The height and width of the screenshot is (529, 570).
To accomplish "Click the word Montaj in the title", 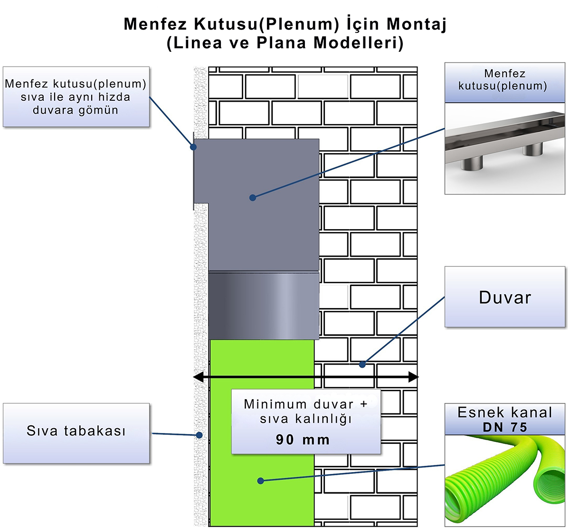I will pyautogui.click(x=417, y=24).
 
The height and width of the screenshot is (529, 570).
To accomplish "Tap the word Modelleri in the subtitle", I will pyautogui.click(x=358, y=43).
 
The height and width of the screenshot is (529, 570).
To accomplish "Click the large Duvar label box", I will pyautogui.click(x=504, y=297).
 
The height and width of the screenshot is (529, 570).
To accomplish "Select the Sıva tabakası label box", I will pyautogui.click(x=76, y=432).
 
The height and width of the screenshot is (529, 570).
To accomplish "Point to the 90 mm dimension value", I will pyautogui.click(x=303, y=440).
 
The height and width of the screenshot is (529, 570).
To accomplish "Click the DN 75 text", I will pyautogui.click(x=505, y=427).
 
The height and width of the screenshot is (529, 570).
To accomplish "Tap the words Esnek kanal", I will pyautogui.click(x=504, y=413).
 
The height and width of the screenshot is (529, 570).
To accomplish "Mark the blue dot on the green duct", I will pyautogui.click(x=260, y=481).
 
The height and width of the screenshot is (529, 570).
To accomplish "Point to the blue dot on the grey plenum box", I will pyautogui.click(x=253, y=197).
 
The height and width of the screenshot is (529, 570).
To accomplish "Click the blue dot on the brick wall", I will pyautogui.click(x=362, y=365).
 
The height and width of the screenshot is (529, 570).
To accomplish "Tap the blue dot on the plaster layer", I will pyautogui.click(x=200, y=434).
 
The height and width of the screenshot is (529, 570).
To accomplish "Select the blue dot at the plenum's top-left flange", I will pyautogui.click(x=193, y=147).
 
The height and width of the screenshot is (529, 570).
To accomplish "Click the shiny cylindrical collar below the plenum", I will pyautogui.click(x=264, y=305).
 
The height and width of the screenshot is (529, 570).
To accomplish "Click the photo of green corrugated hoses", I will pyautogui.click(x=504, y=480).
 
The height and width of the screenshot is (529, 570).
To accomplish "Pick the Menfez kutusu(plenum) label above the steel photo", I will pyautogui.click(x=504, y=80).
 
